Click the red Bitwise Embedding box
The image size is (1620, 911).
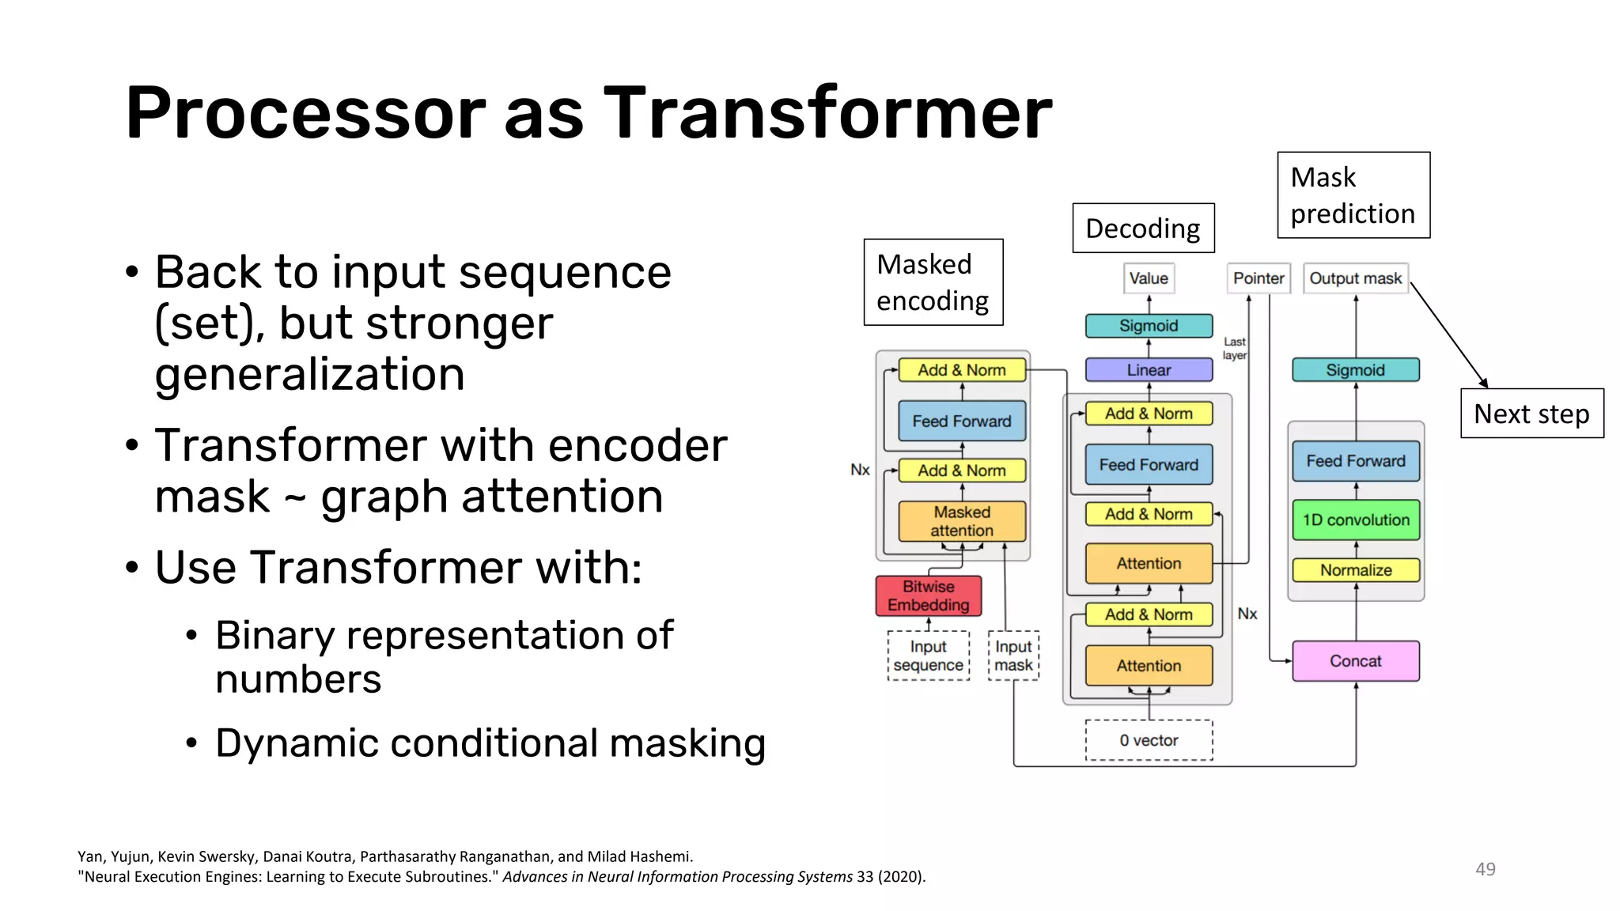(928, 595)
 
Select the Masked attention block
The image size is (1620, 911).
(961, 521)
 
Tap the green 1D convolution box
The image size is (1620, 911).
(1355, 520)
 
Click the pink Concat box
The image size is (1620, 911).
(1355, 661)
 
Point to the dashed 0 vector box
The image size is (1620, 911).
(1149, 740)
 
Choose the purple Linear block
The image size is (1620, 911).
(1149, 370)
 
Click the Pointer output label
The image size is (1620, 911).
(1258, 278)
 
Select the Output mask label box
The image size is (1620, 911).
(1355, 278)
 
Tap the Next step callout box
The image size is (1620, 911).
(1531, 414)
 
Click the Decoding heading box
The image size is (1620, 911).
(1142, 229)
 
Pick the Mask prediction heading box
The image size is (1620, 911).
(1353, 195)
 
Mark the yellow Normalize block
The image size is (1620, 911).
(1355, 570)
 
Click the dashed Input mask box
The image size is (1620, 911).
(1013, 656)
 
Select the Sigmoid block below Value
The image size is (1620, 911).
(1149, 326)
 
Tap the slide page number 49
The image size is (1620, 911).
(1485, 869)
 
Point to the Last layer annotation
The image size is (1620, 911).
(1234, 348)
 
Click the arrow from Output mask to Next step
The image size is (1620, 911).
(1449, 335)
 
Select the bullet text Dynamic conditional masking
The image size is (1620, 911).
(490, 743)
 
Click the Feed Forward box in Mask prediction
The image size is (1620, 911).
(1355, 461)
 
